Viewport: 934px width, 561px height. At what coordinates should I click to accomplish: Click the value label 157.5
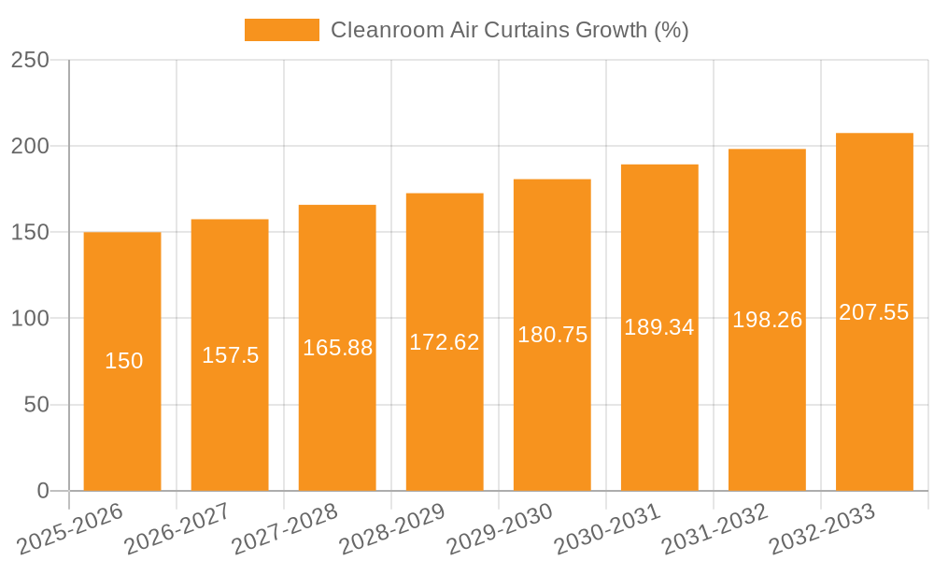point(231,355)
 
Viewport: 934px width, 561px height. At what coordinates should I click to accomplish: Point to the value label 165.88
point(337,348)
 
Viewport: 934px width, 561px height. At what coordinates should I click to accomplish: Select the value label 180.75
point(552,335)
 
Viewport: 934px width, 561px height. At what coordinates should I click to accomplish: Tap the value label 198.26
point(767,320)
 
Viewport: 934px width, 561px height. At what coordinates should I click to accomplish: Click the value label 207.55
point(874,312)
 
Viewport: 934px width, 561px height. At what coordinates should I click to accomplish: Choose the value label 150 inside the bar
point(123,361)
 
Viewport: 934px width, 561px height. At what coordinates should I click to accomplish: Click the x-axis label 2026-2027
point(177,529)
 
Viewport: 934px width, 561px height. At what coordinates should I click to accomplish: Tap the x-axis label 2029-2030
point(500,529)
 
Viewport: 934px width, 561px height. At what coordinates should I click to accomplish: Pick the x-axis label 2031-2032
point(715,529)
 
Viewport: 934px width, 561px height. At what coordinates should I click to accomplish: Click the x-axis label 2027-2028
point(285,529)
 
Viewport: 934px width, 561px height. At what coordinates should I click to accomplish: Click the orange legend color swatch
point(281,30)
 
